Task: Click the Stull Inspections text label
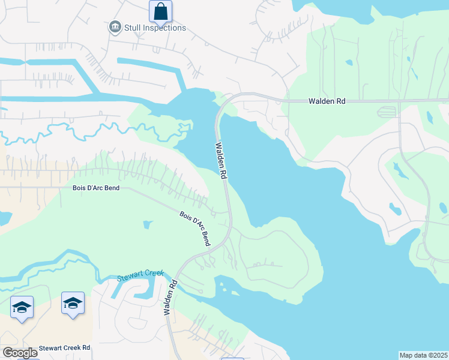pos(155,28)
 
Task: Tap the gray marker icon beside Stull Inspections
pos(115,27)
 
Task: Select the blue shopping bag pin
pos(160,11)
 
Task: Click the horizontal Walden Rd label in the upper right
pos(327,102)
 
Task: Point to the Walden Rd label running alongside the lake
pos(221,161)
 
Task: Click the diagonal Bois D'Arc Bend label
pos(196,228)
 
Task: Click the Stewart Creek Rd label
pos(64,347)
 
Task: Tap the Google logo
pos(19,353)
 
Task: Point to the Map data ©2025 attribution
pos(423,355)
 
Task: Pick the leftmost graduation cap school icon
pos(22,308)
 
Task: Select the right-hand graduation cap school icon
pos(73,303)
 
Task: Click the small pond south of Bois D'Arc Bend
pos(148,225)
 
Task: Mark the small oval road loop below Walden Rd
pos(388,112)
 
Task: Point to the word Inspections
pos(164,28)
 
